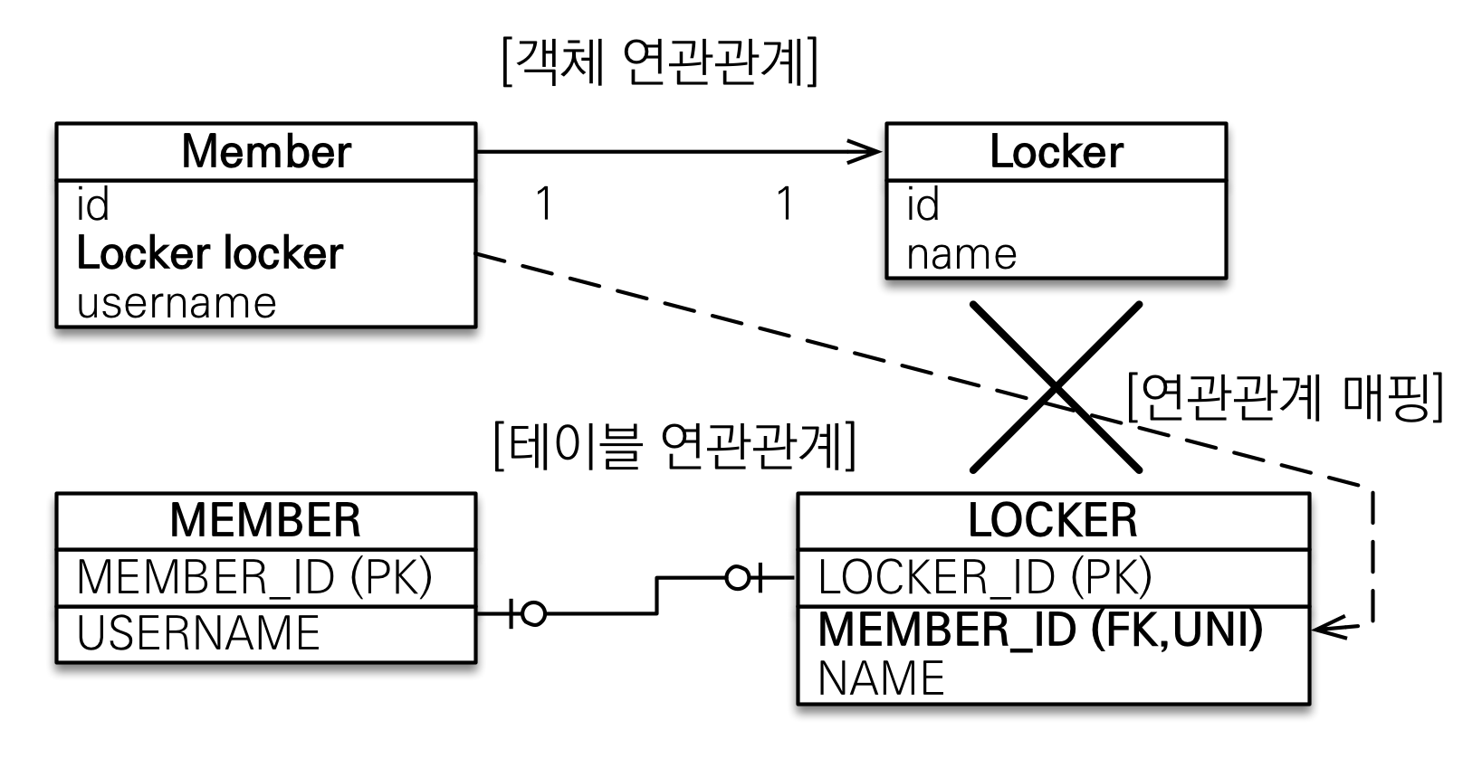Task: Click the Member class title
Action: tap(265, 151)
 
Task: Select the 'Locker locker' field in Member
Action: tap(210, 254)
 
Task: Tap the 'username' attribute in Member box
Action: tap(177, 303)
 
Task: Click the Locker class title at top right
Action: tap(1056, 151)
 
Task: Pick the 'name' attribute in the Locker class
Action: tap(961, 254)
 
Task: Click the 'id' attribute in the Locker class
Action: tap(923, 205)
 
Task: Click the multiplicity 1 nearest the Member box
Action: tap(543, 204)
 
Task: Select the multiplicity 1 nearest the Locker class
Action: tap(785, 204)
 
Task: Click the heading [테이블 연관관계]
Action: tap(674, 446)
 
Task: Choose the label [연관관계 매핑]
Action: tap(1285, 397)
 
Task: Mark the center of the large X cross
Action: tap(1056, 387)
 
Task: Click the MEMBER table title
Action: tap(265, 520)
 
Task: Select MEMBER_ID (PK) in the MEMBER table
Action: tap(254, 577)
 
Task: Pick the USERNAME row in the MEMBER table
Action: tap(198, 633)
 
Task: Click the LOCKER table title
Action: tap(1052, 520)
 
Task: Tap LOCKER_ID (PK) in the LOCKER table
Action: tap(984, 577)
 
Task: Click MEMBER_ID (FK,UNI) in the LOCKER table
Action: tap(1040, 630)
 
